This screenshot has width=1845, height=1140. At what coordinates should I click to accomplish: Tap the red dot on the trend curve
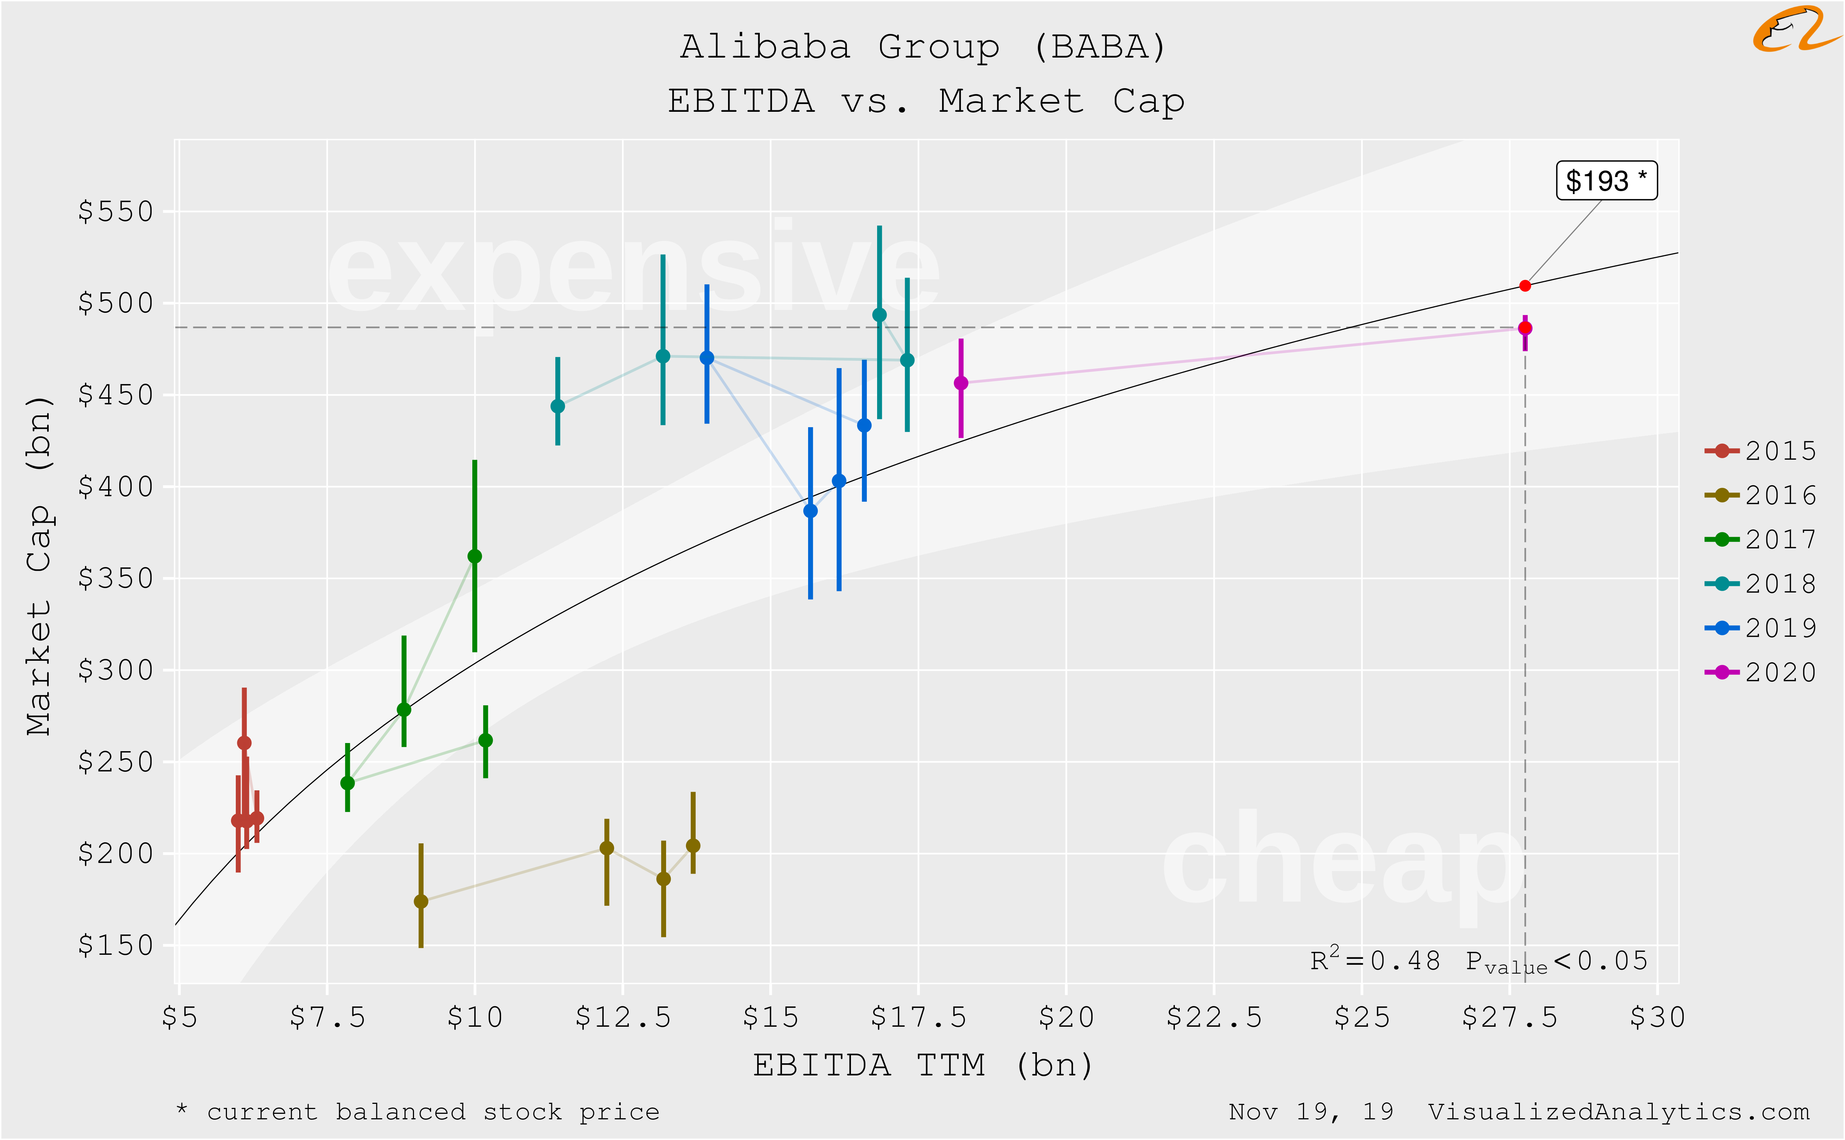(x=1525, y=286)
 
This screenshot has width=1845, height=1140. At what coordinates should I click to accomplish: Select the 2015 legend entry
(x=1760, y=451)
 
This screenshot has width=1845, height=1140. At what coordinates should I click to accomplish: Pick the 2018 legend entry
(x=1760, y=584)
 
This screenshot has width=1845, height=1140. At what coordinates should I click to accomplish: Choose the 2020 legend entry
(x=1760, y=672)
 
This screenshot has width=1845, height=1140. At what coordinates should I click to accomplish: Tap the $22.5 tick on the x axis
(x=1214, y=1018)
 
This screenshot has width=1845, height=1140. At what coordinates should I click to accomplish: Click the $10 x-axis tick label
(x=474, y=1018)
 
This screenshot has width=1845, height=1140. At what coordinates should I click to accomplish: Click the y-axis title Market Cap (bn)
(x=39, y=566)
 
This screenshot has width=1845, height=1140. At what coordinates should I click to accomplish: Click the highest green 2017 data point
(x=474, y=556)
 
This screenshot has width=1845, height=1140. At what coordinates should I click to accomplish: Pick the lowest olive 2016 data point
(x=421, y=901)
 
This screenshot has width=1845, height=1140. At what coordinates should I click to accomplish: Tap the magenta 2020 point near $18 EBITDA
(x=961, y=383)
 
